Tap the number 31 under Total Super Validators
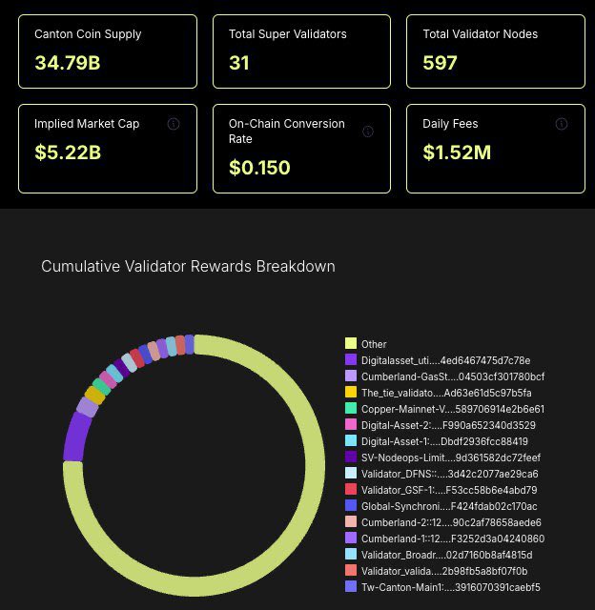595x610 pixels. click(x=239, y=64)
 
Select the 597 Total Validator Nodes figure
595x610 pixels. click(x=441, y=64)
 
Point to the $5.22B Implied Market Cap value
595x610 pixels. click(x=68, y=152)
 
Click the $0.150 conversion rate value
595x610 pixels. click(x=259, y=168)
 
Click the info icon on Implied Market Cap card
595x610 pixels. click(x=174, y=124)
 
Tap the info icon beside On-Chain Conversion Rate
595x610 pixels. click(x=368, y=132)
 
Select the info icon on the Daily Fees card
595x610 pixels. click(x=563, y=124)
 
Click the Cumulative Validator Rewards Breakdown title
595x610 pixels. click(x=188, y=266)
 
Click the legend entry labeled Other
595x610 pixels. click(x=374, y=344)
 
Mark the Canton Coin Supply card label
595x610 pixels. click(x=88, y=34)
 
